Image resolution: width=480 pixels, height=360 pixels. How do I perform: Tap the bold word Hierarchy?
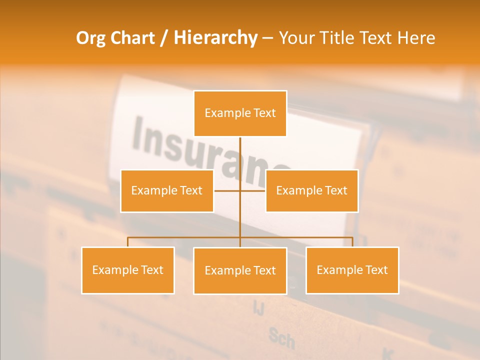coord(215,38)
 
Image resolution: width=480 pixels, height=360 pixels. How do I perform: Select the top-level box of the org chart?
coord(240,113)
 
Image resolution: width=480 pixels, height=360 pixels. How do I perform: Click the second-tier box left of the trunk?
coord(167,190)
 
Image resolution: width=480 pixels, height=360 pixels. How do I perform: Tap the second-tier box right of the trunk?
coord(311,190)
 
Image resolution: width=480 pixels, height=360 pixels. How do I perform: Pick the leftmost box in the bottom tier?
coord(128,270)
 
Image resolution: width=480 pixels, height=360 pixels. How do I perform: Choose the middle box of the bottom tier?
coord(240,270)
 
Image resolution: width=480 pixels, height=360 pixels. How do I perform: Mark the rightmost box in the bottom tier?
coord(352,270)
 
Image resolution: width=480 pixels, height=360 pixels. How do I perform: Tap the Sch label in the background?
coord(281,338)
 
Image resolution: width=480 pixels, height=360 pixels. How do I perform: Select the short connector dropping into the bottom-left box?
coord(128,242)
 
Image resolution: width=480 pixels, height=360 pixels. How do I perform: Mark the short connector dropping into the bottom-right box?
coord(352,242)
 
